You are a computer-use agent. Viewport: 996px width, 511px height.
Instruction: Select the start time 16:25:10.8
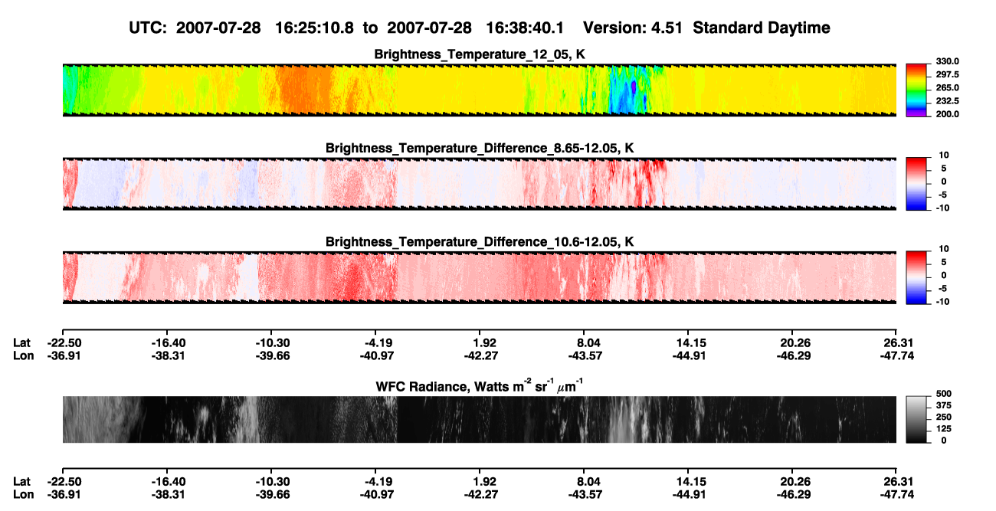(314, 28)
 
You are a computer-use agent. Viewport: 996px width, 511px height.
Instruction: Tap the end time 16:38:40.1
(525, 28)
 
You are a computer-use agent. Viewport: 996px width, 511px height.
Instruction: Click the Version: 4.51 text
(633, 28)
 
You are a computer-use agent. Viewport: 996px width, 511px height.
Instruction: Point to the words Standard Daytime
(762, 28)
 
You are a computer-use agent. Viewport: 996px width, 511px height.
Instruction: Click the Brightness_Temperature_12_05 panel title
(480, 54)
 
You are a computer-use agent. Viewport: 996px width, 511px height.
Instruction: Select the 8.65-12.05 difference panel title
(480, 148)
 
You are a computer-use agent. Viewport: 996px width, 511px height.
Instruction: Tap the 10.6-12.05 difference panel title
(480, 242)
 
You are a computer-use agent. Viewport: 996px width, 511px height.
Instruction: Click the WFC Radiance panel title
(480, 386)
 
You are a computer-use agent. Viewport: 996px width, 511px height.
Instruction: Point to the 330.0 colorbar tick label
(947, 61)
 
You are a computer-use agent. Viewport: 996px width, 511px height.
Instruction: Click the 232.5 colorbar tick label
(947, 101)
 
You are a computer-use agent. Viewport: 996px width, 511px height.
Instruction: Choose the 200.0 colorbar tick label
(947, 114)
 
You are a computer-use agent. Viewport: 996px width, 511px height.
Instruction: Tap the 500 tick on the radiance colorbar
(944, 394)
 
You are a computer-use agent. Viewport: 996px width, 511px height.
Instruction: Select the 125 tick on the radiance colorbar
(944, 429)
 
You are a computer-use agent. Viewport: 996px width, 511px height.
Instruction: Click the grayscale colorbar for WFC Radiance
(916, 419)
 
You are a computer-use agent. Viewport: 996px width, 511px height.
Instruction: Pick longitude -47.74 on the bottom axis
(897, 495)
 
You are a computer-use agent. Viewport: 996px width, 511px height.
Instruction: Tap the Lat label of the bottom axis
(21, 482)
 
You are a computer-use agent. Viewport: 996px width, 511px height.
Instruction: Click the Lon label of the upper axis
(23, 355)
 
